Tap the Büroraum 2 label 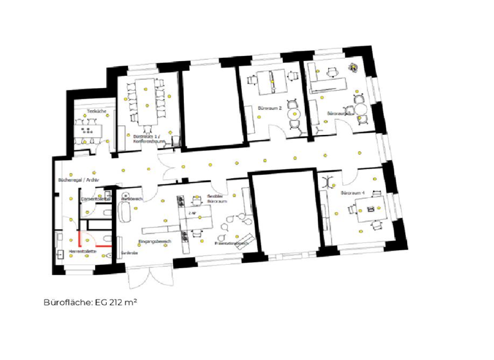pos(270,108)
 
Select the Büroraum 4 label pos(352,193)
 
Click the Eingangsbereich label pos(154,241)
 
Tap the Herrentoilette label pos(83,251)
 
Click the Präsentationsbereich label pos(231,244)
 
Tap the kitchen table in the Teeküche pos(87,129)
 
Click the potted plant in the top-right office pos(352,66)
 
